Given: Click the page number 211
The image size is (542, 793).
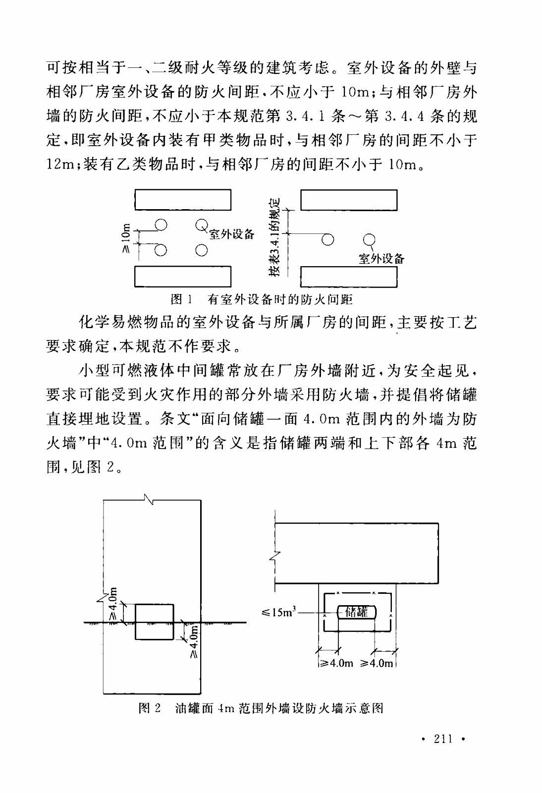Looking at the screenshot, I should click(443, 739).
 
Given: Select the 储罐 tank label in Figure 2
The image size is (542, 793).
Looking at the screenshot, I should click(357, 612).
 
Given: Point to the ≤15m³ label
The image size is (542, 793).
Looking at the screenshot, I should click(278, 613).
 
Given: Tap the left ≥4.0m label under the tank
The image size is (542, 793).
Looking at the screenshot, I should click(335, 663).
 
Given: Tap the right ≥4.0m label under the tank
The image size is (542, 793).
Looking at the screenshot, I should click(377, 663).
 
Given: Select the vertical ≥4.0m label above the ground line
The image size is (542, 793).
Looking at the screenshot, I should click(113, 604).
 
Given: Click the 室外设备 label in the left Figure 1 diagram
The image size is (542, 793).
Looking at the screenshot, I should click(231, 234).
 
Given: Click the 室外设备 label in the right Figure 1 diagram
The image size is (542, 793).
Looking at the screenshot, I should click(381, 258).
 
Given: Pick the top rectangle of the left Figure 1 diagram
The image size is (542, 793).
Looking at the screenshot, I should click(183, 200).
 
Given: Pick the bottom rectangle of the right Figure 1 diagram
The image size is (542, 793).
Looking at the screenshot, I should click(349, 277).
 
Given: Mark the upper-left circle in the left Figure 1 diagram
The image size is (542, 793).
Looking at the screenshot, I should click(161, 225).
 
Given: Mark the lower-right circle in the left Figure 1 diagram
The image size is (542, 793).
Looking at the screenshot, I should click(201, 250).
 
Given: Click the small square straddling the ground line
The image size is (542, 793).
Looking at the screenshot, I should click(155, 622).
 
